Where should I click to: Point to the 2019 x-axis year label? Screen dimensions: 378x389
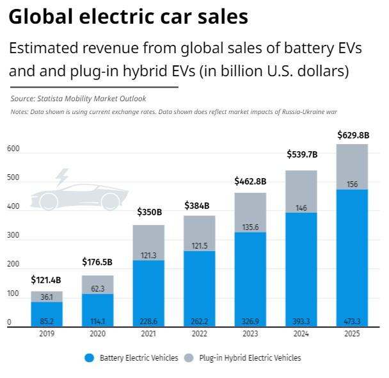[x=47, y=334]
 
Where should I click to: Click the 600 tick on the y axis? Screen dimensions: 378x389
[x=13, y=149]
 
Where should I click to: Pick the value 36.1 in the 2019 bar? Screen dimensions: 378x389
[x=47, y=297]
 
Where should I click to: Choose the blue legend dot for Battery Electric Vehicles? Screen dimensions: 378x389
[x=89, y=357]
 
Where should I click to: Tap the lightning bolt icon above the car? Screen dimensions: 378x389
[x=62, y=177]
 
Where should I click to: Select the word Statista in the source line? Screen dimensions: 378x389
[x=54, y=99]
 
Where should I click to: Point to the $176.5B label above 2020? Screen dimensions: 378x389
[x=97, y=261]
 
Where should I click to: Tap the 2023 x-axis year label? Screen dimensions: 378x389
[x=250, y=334]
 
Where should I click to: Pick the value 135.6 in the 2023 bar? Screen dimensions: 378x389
[x=250, y=226]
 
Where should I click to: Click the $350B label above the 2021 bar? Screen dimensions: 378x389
[x=148, y=211]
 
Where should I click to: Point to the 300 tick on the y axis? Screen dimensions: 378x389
[x=13, y=235]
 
